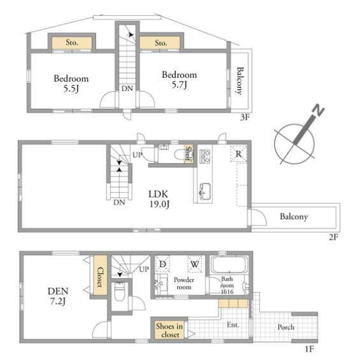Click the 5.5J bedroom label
point(71,83)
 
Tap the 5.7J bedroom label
point(179,80)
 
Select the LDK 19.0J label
point(159,199)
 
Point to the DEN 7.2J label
point(58,296)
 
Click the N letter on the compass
point(319,110)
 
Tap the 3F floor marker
point(245,117)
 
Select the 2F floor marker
point(334,237)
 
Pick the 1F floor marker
point(310,348)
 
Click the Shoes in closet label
point(169,331)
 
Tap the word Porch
point(286,327)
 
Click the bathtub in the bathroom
point(229,265)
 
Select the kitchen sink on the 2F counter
point(205,191)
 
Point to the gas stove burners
point(205,156)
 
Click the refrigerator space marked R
point(238,153)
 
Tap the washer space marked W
point(194,264)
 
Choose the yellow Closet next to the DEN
point(100,275)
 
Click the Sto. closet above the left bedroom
point(71,43)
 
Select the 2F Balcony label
point(294,217)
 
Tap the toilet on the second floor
point(181,154)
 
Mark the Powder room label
point(184,283)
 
